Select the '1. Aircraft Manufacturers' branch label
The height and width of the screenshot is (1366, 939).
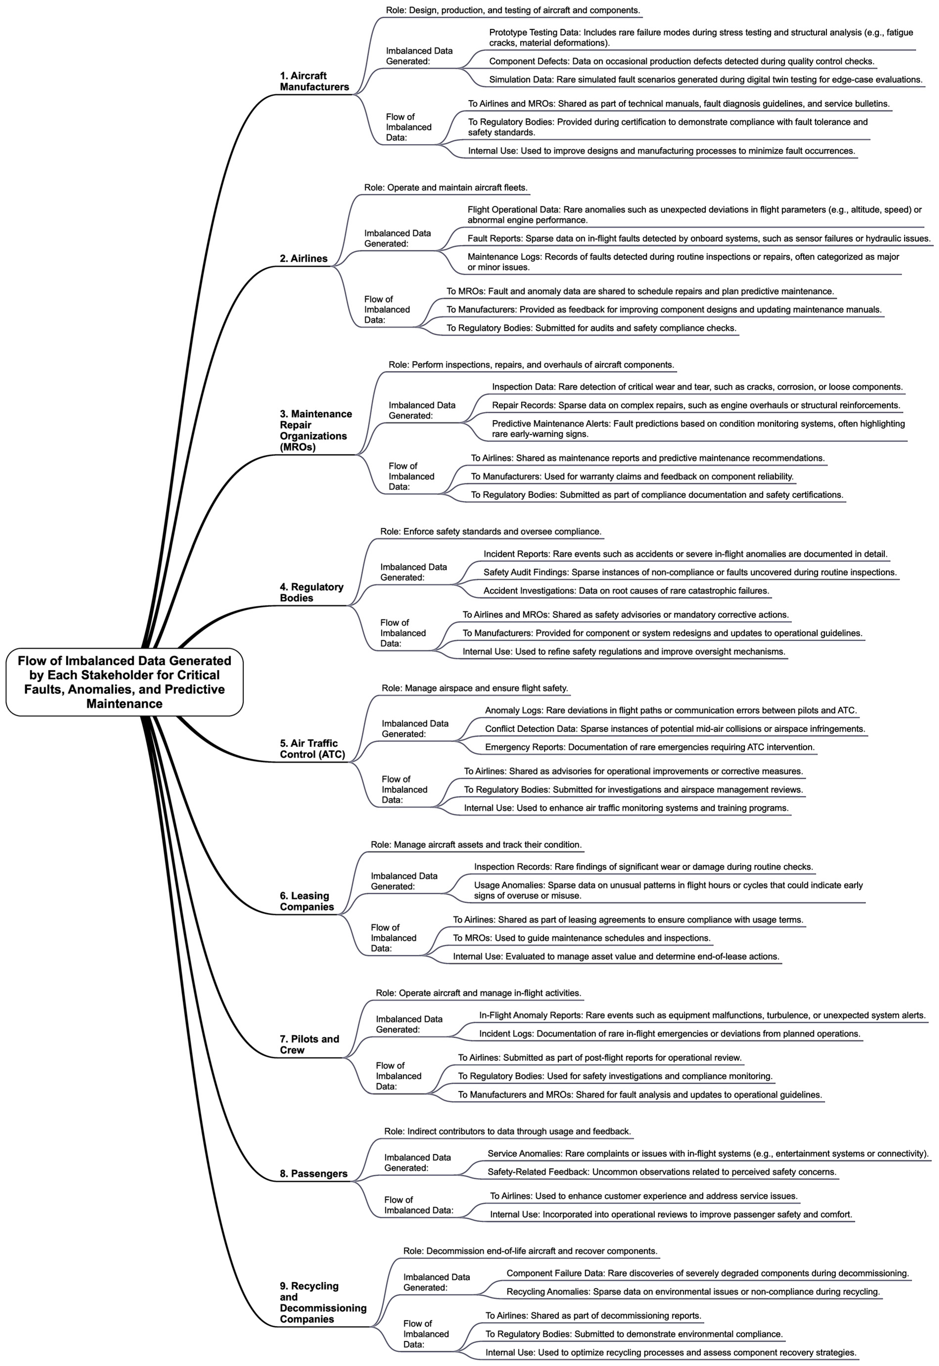point(314,81)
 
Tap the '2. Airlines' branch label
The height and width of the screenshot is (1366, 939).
point(304,258)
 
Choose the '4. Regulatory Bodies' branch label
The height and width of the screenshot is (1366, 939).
point(311,592)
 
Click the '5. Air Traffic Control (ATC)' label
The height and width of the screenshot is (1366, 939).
point(312,749)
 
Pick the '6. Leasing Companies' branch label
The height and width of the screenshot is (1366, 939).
point(306,901)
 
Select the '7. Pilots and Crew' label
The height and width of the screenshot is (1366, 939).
point(309,1044)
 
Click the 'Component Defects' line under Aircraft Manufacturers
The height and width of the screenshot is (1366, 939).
point(681,61)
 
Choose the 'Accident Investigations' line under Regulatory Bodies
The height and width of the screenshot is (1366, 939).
point(626,590)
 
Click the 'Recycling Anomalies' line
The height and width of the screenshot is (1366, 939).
point(692,1292)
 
